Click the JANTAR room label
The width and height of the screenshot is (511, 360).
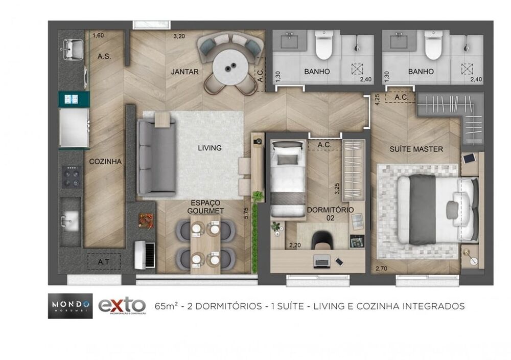click(184, 72)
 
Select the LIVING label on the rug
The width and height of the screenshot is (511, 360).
click(210, 148)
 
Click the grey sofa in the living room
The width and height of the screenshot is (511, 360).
click(156, 157)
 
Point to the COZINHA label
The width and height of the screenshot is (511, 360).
click(105, 161)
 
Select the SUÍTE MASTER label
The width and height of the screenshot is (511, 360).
click(416, 149)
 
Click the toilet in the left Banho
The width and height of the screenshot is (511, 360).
click(323, 45)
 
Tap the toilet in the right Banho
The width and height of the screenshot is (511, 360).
click(433, 45)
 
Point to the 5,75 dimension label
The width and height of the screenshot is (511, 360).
click(247, 212)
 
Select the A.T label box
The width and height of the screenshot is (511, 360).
click(104, 261)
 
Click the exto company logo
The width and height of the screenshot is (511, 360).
click(122, 306)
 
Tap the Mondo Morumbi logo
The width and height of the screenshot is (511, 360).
click(70, 306)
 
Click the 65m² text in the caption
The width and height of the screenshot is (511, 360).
click(168, 306)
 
